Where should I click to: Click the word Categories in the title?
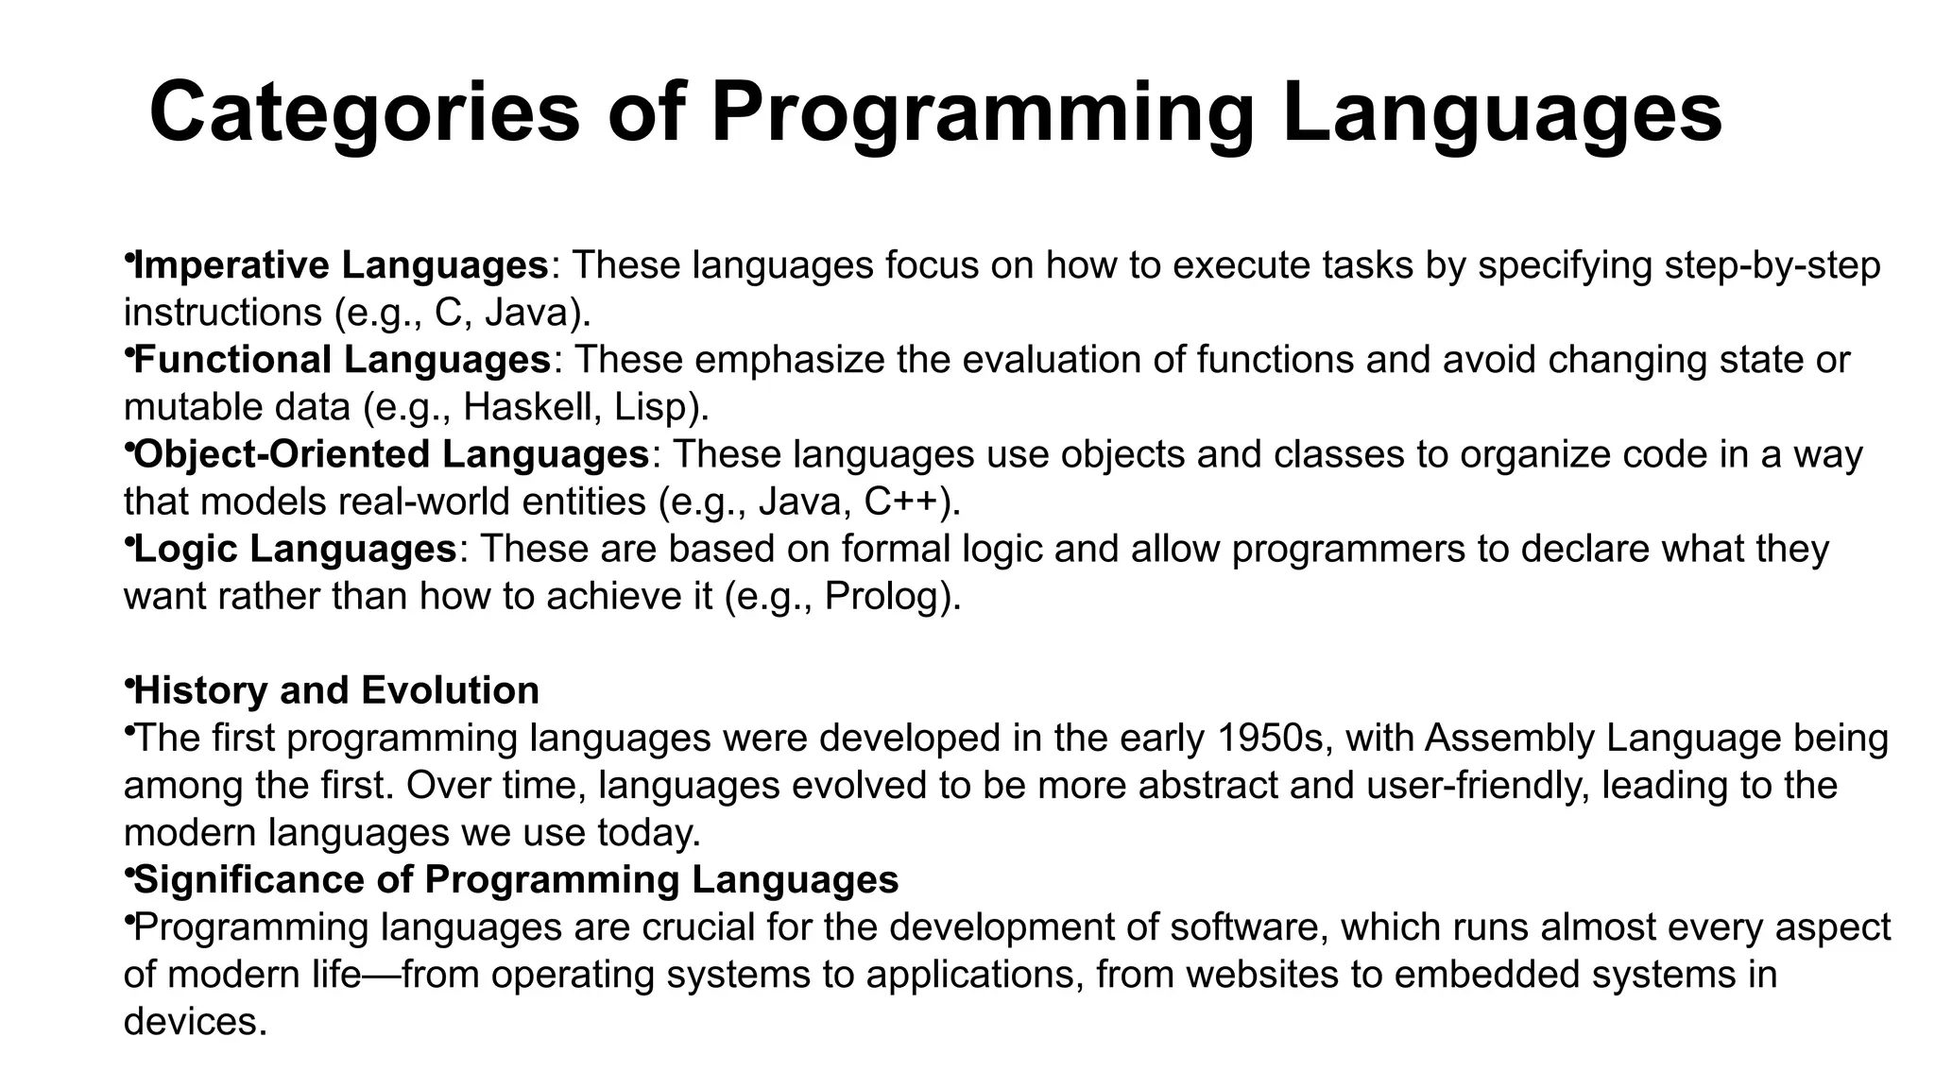(364, 113)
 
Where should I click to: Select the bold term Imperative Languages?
(341, 265)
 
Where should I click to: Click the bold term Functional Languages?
(343, 360)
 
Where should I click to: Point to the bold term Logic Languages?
(296, 549)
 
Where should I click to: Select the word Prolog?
(884, 596)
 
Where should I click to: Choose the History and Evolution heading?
(336, 690)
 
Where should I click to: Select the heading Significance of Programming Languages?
(516, 879)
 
